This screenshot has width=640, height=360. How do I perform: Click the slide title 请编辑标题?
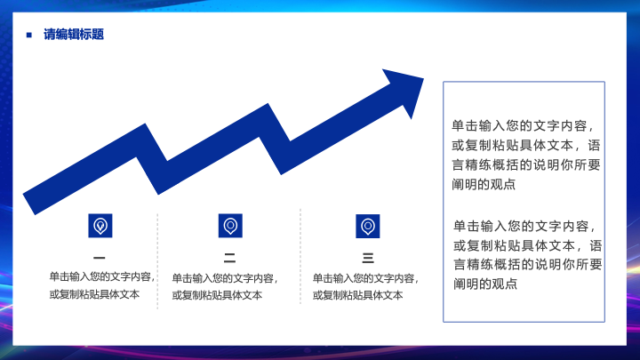click(74, 35)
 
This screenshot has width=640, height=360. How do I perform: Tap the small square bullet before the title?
click(29, 35)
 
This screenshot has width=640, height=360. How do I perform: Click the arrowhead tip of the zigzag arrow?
click(423, 78)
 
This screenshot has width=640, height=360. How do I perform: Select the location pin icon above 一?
click(100, 226)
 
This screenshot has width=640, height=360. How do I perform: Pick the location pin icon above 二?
click(230, 226)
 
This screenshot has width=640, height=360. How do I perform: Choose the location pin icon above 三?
click(368, 226)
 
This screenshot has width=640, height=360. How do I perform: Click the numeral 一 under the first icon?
click(100, 258)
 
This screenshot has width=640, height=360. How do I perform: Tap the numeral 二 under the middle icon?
click(230, 258)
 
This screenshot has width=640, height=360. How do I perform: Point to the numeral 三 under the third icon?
click(368, 258)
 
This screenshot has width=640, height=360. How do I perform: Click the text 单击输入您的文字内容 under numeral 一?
click(100, 276)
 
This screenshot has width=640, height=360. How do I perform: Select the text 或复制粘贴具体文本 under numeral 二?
click(217, 295)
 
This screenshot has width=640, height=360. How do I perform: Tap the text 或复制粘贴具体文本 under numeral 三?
click(358, 295)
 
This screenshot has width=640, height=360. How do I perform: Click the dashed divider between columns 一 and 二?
click(157, 260)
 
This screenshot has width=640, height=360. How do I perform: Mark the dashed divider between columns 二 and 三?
click(300, 256)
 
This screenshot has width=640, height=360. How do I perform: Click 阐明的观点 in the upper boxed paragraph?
click(484, 185)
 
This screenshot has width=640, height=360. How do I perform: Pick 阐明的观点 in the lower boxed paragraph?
click(485, 284)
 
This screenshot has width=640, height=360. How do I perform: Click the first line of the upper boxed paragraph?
click(523, 125)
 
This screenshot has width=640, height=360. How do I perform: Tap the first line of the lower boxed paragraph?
click(524, 226)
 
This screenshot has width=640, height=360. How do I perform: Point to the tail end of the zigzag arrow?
click(29, 203)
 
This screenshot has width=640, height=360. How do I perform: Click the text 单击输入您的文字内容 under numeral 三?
click(364, 278)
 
